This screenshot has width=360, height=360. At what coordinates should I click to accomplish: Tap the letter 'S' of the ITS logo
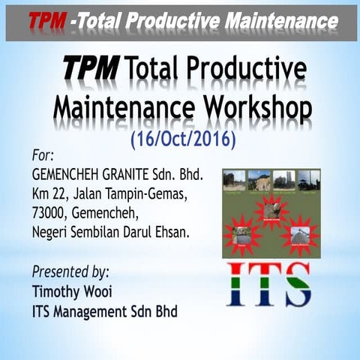coord(294,284)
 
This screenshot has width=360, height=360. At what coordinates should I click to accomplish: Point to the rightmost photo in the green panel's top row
coord(307,179)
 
